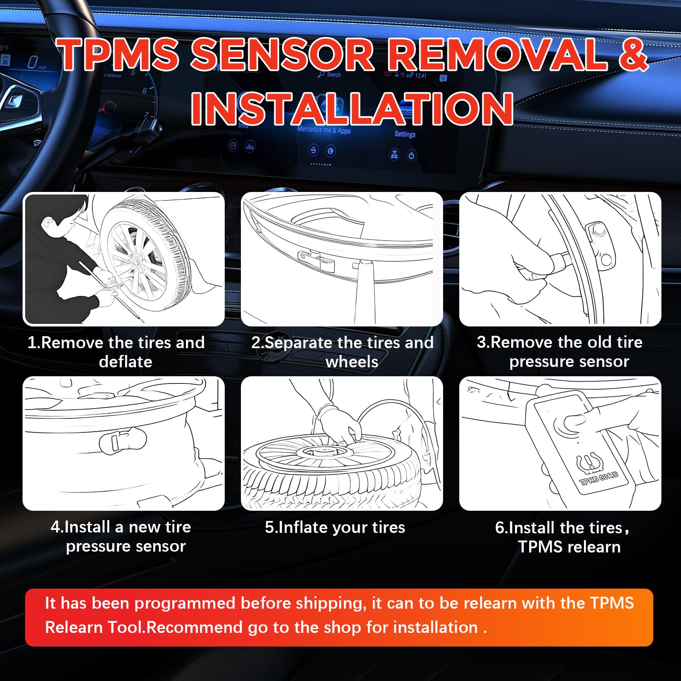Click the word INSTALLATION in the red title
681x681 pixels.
pyautogui.click(x=352, y=109)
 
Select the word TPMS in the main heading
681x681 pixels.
pyautogui.click(x=119, y=54)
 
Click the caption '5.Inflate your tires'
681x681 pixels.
pyautogui.click(x=335, y=527)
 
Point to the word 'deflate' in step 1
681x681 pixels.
pyautogui.click(x=126, y=362)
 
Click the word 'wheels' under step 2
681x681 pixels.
pyautogui.click(x=352, y=362)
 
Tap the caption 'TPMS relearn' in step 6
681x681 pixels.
pyautogui.click(x=569, y=547)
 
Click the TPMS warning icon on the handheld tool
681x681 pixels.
pyautogui.click(x=588, y=463)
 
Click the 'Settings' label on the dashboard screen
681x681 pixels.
pyautogui.click(x=405, y=134)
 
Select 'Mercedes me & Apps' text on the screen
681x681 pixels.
pyautogui.click(x=324, y=130)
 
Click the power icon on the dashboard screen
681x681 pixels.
pyautogui.click(x=411, y=155)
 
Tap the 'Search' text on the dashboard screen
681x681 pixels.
pyautogui.click(x=334, y=74)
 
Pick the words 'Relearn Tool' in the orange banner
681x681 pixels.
pyautogui.click(x=94, y=627)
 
